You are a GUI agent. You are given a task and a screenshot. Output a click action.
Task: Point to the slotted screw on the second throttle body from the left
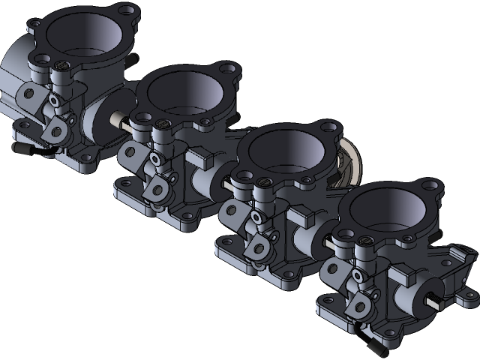coord(163,123)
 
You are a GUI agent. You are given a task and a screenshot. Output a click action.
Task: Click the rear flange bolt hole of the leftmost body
coord(127,10)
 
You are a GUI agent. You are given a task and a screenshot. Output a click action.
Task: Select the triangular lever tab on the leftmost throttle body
coord(55,131)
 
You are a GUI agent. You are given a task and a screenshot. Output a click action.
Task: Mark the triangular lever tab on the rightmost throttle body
coord(361,304)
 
